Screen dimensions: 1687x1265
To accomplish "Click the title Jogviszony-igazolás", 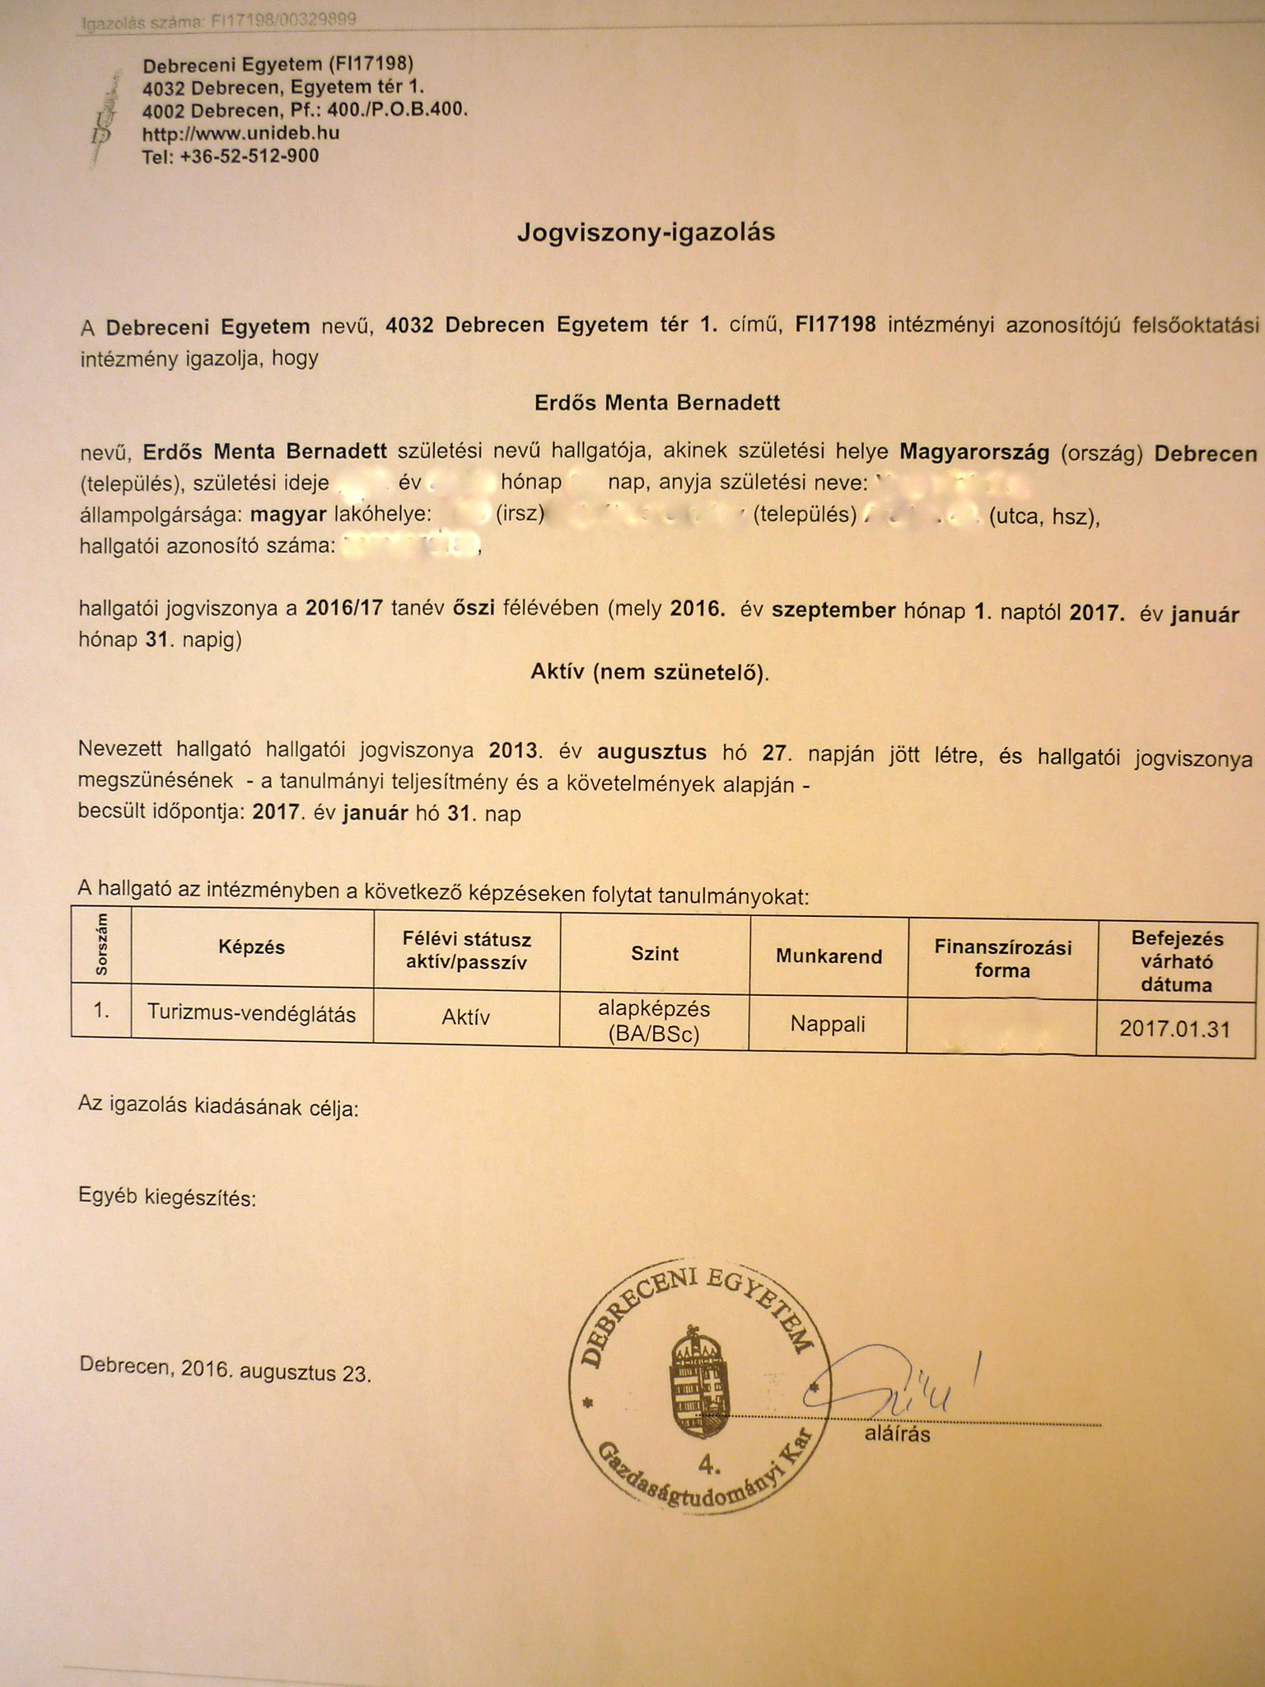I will tap(646, 233).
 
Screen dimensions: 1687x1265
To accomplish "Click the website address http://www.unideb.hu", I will tap(240, 133).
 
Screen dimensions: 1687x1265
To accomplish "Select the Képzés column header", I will tap(251, 947).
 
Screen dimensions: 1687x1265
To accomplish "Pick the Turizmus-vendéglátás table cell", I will tap(251, 1013).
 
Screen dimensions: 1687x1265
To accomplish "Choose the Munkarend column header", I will tap(829, 956).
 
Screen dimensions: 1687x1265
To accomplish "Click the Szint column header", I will tap(655, 954).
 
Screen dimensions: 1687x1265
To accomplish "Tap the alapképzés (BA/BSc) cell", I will tap(655, 1021).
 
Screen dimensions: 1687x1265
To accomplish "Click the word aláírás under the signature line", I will tap(897, 1435).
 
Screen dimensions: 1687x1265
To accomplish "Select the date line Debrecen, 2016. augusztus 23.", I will tap(225, 1369).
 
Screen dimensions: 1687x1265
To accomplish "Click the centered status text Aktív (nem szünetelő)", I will tap(651, 673).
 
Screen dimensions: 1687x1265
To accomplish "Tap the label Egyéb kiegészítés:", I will tap(167, 1198).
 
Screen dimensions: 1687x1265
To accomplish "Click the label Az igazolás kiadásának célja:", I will tap(218, 1108).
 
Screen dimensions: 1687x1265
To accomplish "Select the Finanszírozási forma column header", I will tap(1001, 959).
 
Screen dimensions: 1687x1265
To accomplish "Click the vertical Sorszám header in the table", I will tap(101, 945).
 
